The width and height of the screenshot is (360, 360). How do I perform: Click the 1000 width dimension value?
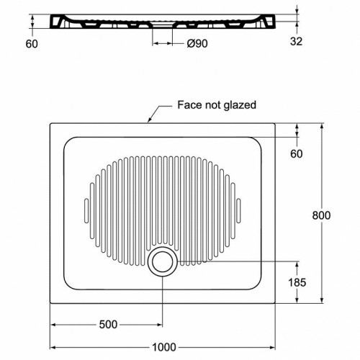[164, 347]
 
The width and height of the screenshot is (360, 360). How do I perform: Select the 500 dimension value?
[108, 325]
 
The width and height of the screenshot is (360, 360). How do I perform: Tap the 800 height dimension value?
[321, 215]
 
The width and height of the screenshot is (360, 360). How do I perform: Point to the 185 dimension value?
[297, 282]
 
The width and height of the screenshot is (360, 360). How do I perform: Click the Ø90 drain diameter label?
[197, 43]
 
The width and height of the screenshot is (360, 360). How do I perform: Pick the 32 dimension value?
[296, 41]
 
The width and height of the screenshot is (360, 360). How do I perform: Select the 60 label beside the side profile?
[32, 44]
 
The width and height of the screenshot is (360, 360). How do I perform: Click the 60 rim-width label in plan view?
[297, 153]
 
